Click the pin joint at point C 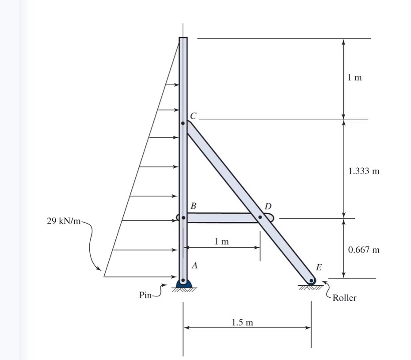183,123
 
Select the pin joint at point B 183,218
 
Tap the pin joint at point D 260,217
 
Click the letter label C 193,116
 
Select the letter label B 193,206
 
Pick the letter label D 268,206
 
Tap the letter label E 319,267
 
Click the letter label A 194,266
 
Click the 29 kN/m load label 64,221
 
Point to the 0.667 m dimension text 364,250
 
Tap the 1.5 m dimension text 243,322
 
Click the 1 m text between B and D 222,241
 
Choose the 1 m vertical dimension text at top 354,78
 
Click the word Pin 145,295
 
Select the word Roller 344,298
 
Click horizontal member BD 221,218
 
